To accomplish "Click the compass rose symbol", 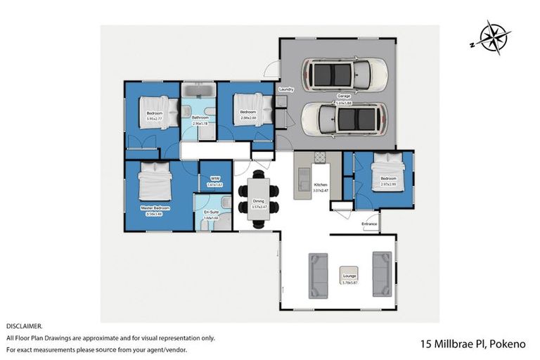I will tap(494, 38).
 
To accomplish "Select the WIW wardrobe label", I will tap(215, 179).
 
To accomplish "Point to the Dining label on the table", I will tap(258, 201).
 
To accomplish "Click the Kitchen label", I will tap(320, 185).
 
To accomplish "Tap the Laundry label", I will tap(285, 90).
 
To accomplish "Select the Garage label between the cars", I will tap(343, 96).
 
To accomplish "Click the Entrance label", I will tap(370, 224).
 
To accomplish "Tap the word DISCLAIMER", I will tap(24, 326).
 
